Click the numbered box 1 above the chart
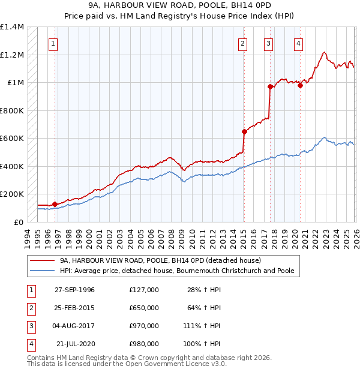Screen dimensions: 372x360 pos(53,43)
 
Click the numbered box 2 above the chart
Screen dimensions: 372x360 pos(242,43)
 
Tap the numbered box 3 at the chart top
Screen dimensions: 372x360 pos(268,43)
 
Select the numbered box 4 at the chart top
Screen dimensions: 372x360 pos(298,43)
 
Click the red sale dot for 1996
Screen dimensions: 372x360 pos(55,205)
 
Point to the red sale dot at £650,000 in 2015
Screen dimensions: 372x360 pos(244,132)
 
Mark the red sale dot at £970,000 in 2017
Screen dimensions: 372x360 pos(270,87)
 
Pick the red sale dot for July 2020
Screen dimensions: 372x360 pos(300,85)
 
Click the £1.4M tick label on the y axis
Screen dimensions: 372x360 pos(12,27)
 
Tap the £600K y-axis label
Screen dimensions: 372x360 pos(12,139)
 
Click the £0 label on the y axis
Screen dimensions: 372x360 pos(18,222)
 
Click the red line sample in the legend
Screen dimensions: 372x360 pos(41,261)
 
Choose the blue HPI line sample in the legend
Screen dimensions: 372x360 pos(41,271)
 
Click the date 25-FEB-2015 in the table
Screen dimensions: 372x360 pos(74,308)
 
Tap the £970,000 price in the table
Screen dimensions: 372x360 pos(144,326)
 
